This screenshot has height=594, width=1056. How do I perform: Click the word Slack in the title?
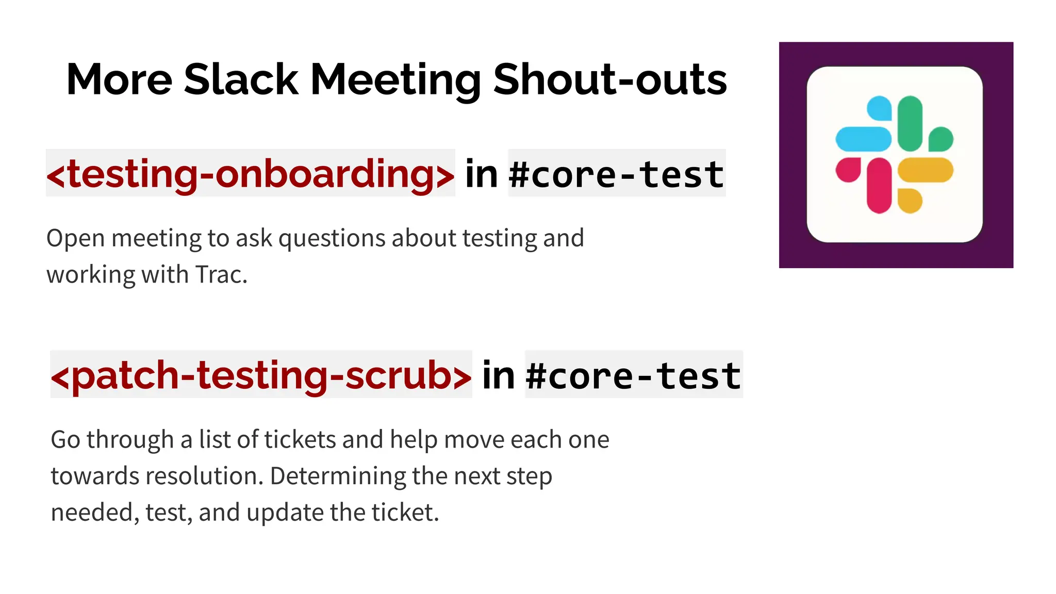click(x=241, y=79)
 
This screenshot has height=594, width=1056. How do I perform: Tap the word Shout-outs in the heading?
click(x=609, y=79)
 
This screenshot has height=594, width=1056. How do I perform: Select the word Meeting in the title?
click(x=395, y=80)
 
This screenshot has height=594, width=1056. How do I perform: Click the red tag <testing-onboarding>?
click(x=251, y=174)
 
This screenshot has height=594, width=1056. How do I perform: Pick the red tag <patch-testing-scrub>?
click(x=261, y=375)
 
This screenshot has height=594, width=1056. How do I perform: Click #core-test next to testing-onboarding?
click(x=617, y=174)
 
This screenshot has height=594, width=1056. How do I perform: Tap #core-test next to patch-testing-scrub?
click(x=634, y=375)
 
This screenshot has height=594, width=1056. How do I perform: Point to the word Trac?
click(x=221, y=274)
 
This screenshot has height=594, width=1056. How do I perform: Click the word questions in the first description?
click(x=333, y=238)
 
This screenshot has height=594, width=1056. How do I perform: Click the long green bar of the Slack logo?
click(x=910, y=123)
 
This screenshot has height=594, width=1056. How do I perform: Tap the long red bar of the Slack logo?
click(x=879, y=186)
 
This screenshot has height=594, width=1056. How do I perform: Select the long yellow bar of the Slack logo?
click(x=926, y=170)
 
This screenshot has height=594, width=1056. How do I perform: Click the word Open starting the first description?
click(x=76, y=238)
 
